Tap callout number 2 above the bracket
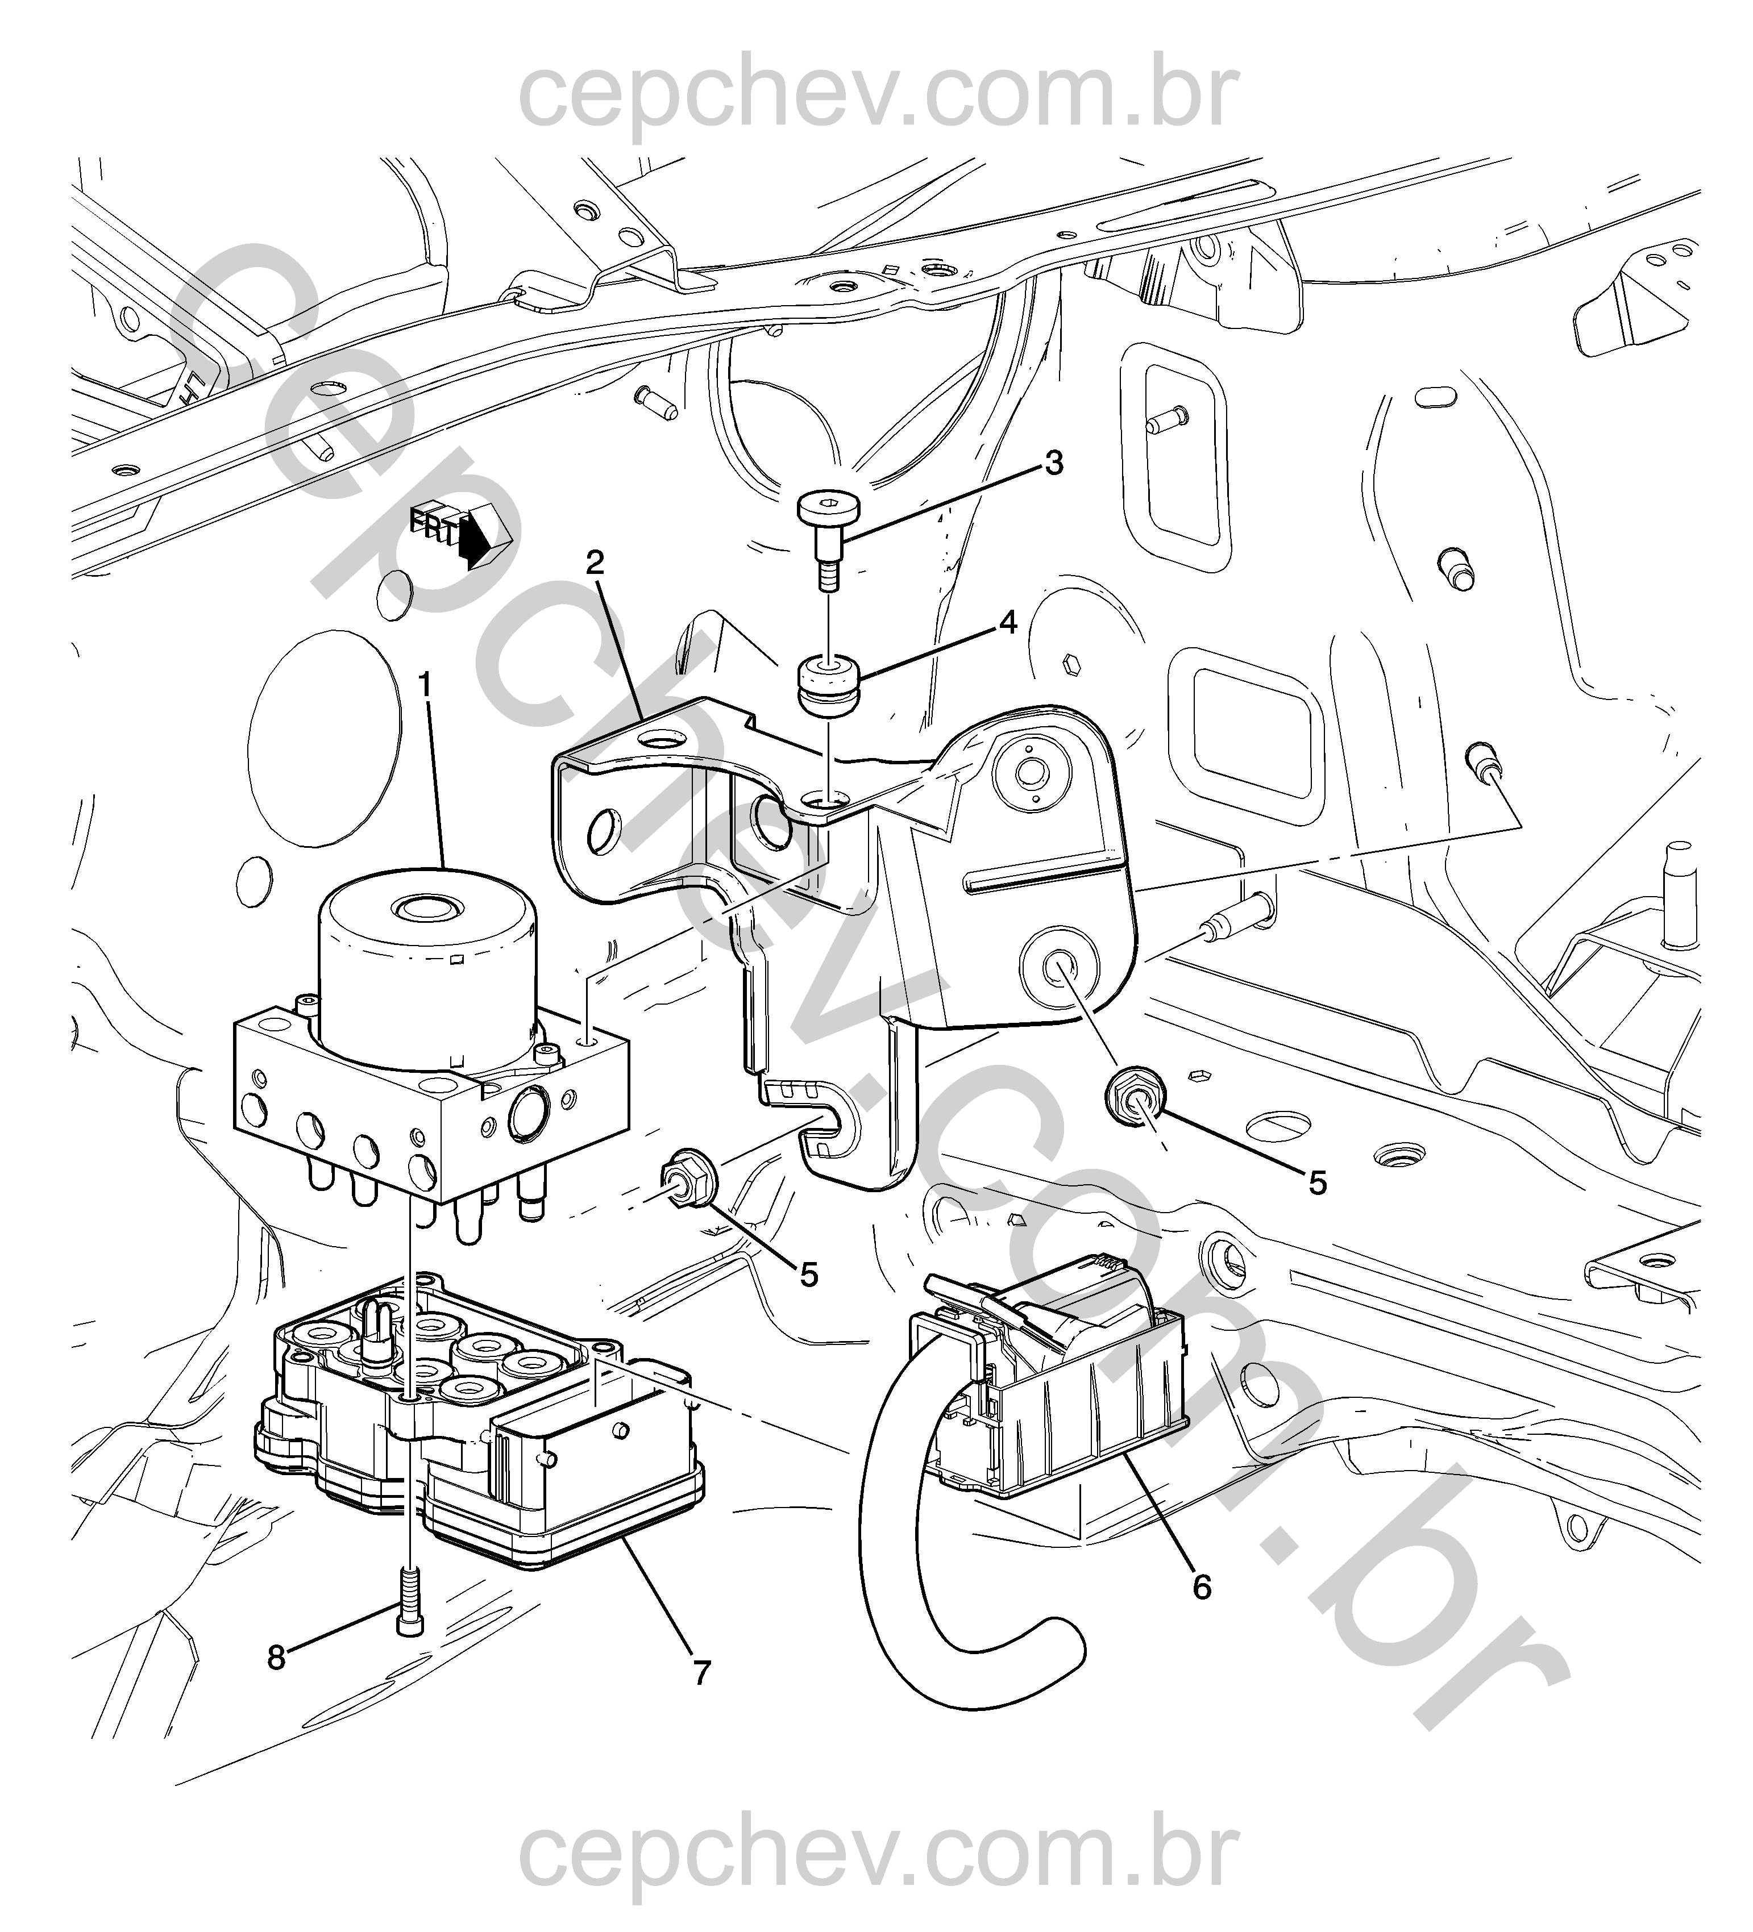point(595,563)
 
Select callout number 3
point(1053,464)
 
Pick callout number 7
point(701,1673)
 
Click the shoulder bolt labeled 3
point(830,540)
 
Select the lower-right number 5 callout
point(1318,1184)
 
